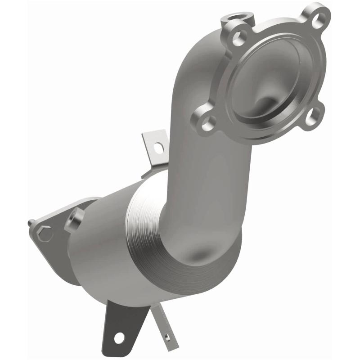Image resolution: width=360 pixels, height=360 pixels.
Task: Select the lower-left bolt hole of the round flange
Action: (207, 122)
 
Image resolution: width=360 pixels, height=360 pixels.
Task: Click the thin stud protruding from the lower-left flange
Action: (31, 223)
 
